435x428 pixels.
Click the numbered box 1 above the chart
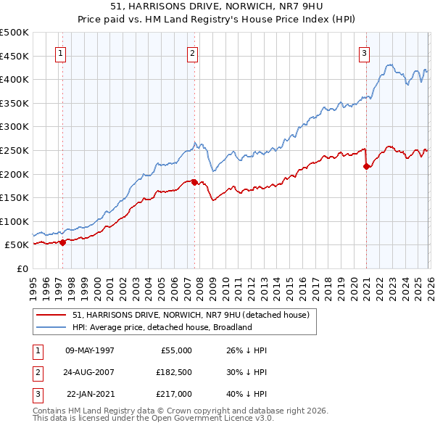click(60, 53)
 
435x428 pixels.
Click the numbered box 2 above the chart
click(193, 53)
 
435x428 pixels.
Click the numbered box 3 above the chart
click(364, 53)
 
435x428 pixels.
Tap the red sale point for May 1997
click(63, 242)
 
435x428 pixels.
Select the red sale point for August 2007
click(195, 182)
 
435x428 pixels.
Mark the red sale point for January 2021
click(366, 166)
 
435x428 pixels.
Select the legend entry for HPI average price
click(162, 327)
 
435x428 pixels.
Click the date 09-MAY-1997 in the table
click(90, 350)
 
